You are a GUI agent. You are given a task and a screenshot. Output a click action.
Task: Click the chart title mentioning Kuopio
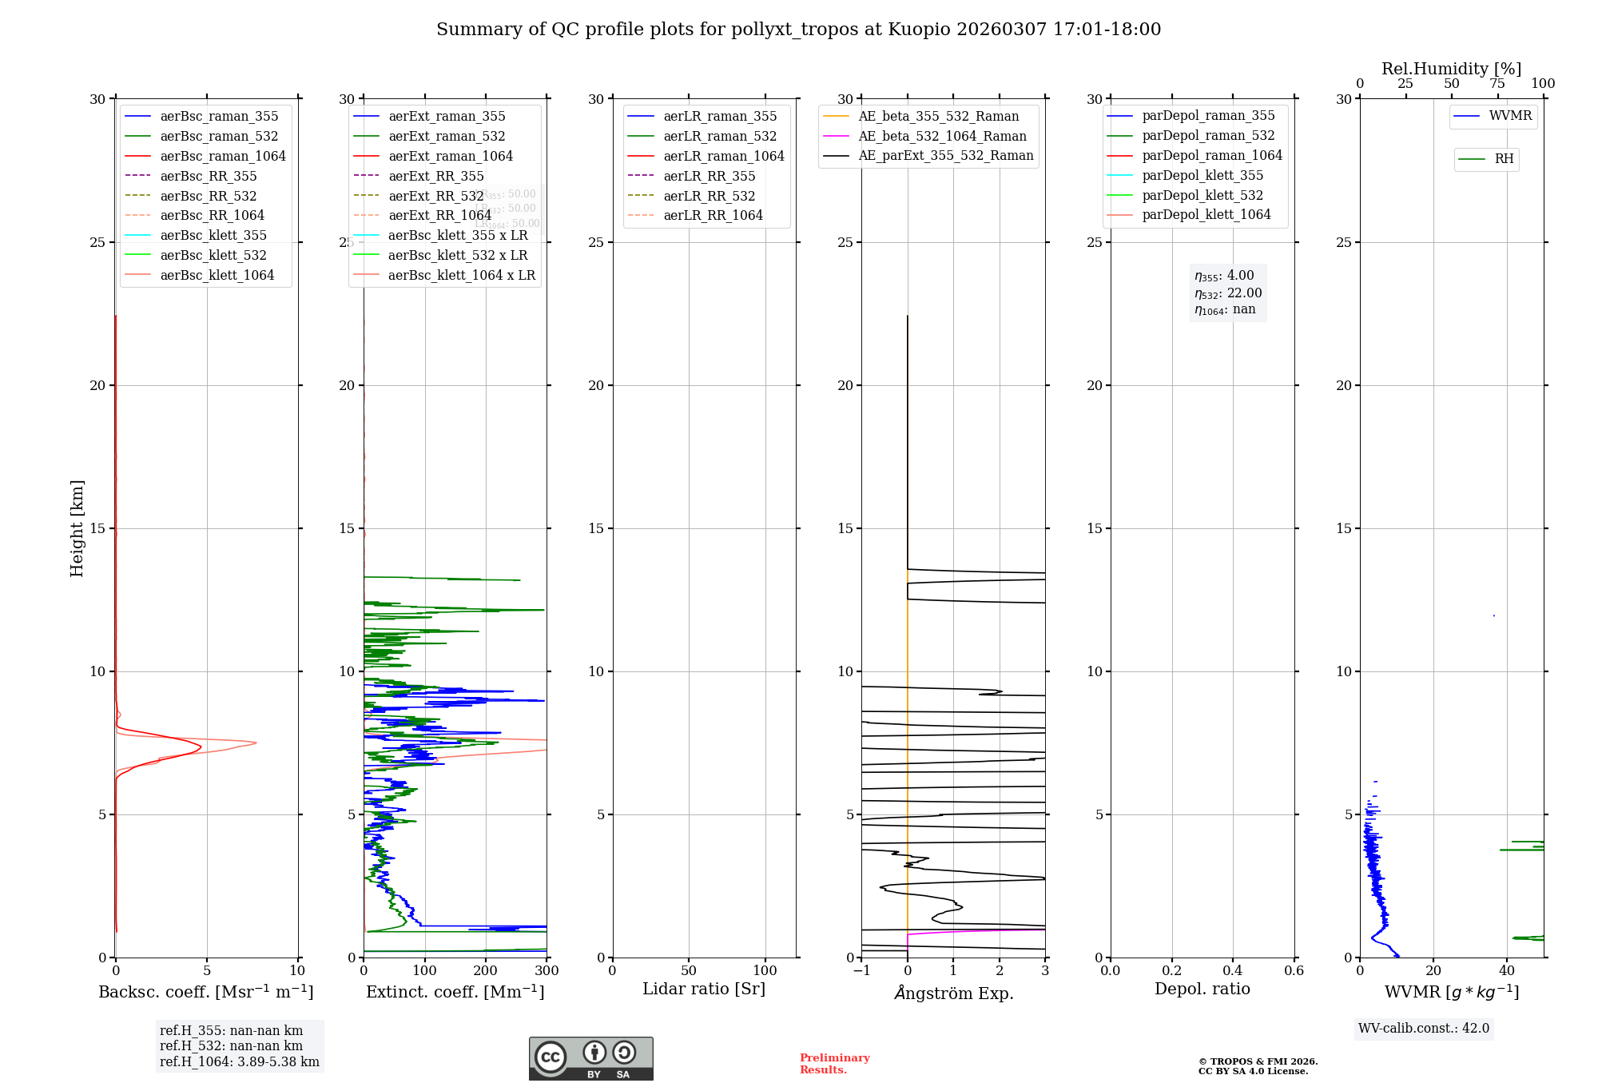click(798, 30)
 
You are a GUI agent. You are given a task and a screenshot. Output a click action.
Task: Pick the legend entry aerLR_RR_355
click(709, 176)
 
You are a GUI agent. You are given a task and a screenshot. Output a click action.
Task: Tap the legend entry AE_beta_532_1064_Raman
click(942, 136)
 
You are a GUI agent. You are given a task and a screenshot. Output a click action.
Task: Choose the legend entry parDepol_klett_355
click(1202, 175)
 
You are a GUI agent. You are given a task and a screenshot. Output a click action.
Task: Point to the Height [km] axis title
click(77, 528)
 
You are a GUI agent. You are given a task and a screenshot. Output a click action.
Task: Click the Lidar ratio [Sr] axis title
click(704, 989)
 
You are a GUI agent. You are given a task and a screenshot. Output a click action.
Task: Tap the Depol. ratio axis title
click(1202, 989)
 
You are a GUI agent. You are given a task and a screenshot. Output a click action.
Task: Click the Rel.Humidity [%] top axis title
click(1451, 69)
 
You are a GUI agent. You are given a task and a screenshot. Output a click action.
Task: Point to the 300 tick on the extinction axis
click(547, 971)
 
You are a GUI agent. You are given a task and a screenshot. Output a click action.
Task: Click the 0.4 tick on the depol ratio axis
click(1233, 971)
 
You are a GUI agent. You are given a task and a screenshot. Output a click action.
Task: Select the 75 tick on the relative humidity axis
click(1497, 84)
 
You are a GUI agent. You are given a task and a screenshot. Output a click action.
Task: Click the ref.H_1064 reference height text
click(240, 1061)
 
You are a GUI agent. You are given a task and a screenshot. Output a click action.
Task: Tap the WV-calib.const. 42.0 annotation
click(1424, 1029)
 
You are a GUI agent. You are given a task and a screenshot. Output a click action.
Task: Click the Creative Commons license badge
click(590, 1058)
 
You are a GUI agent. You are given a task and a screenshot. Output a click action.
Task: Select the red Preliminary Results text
click(834, 1064)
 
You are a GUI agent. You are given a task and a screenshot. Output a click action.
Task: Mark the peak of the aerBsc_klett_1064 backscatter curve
click(256, 743)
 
